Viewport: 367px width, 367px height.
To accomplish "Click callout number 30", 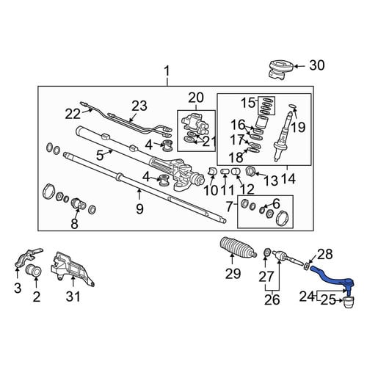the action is pos(317,65).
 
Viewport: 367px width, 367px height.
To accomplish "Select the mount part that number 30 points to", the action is pos(281,70).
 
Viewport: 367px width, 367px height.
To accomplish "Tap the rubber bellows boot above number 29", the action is pos(239,247).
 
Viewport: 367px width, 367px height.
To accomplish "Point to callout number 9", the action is pos(139,208).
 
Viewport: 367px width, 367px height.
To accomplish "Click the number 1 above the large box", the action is pos(167,71).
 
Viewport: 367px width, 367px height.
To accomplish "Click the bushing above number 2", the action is pos(34,270).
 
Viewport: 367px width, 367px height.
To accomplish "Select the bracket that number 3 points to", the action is pos(28,258).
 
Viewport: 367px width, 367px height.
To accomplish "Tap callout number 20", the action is pos(196,98).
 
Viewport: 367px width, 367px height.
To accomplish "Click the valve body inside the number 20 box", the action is pos(195,123).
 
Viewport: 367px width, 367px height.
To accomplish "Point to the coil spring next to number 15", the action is pos(266,106).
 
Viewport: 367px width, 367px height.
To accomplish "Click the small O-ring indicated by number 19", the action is pos(292,106).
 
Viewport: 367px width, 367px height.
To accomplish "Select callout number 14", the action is pos(288,179).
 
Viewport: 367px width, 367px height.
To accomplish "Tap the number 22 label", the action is pos(73,114).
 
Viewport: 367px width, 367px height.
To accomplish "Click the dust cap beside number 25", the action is pos(349,302).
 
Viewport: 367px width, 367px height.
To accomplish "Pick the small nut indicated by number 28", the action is pos(306,266).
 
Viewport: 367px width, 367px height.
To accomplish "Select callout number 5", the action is pos(100,156).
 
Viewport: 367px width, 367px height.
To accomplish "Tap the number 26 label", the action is pos(272,299).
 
